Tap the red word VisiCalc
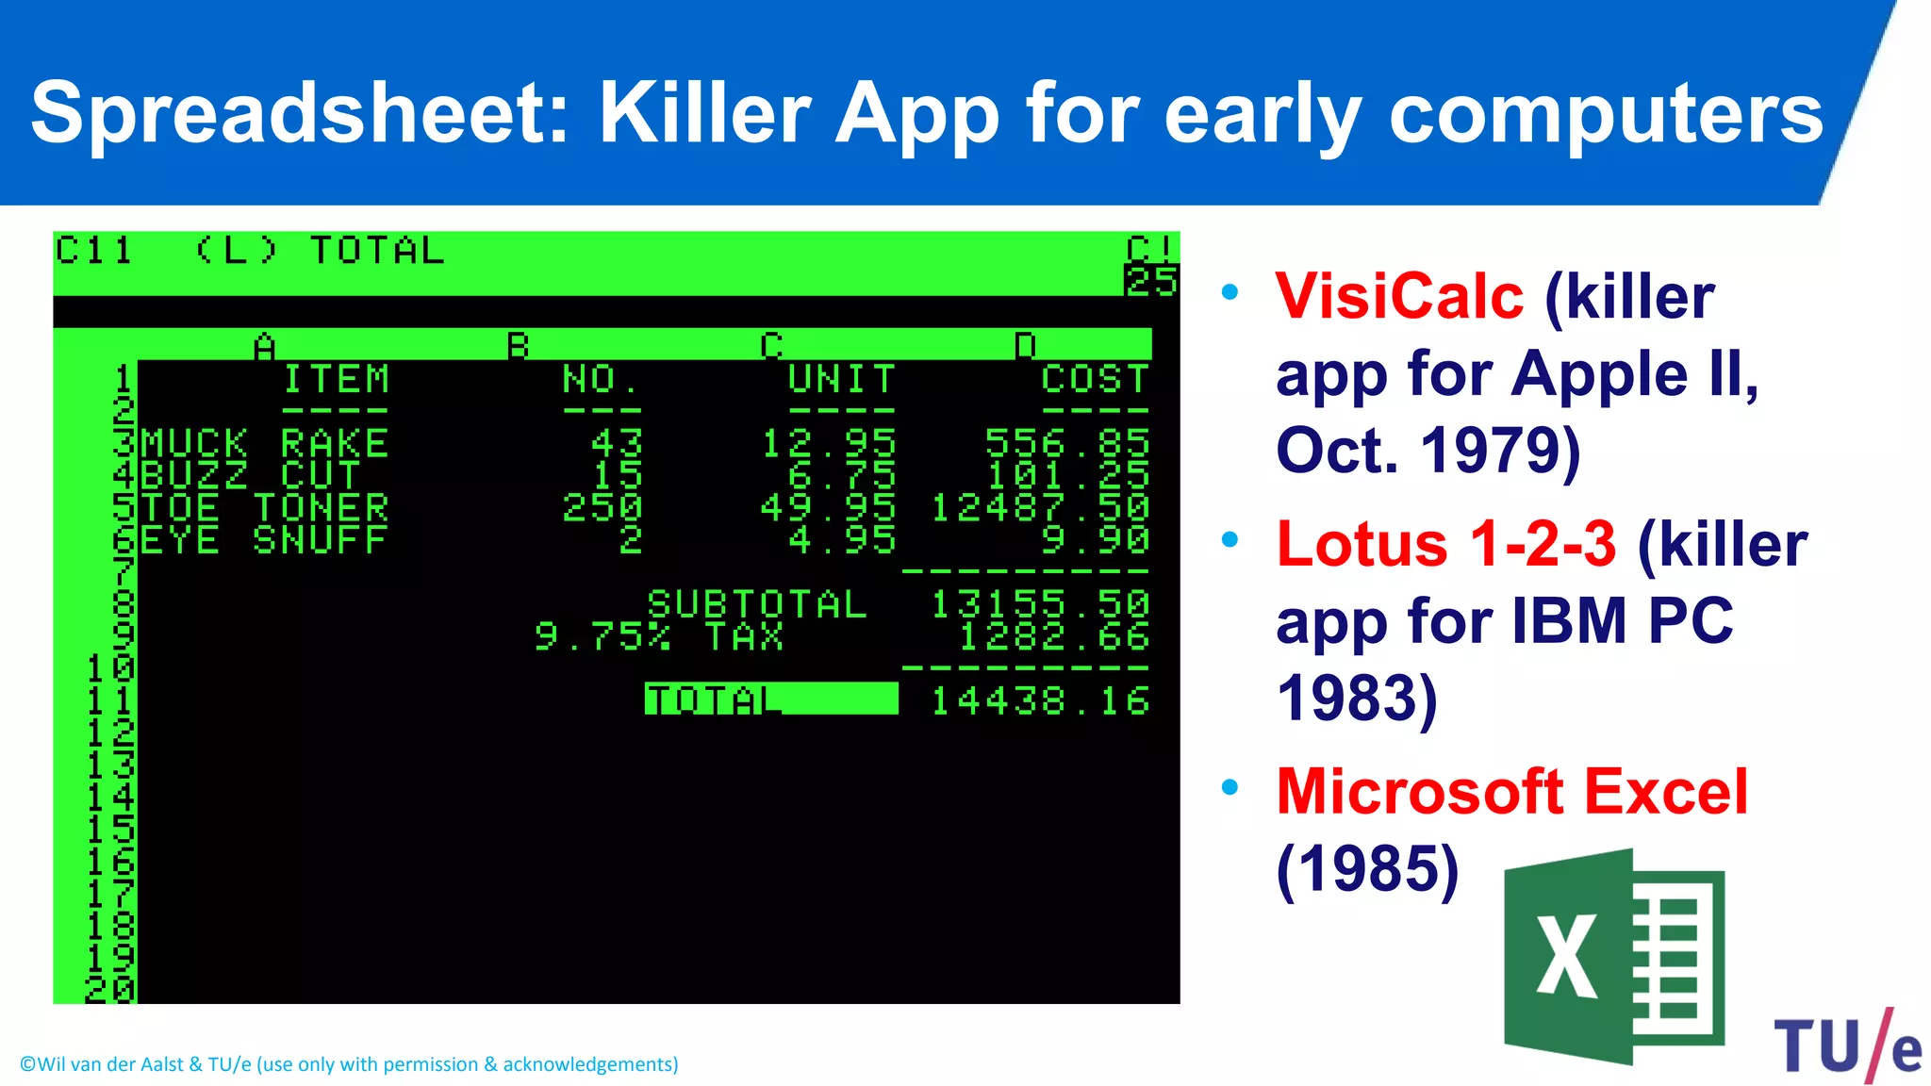pyautogui.click(x=1399, y=297)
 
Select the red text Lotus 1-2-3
pyautogui.click(x=1445, y=545)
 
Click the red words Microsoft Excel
pyautogui.click(x=1511, y=792)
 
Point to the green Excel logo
pyautogui.click(x=1613, y=957)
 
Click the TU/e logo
pyautogui.click(x=1846, y=1045)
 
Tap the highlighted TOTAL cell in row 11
pyautogui.click(x=770, y=699)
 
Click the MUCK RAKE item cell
pyautogui.click(x=265, y=443)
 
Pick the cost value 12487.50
pyautogui.click(x=1040, y=508)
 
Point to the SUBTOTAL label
pyautogui.click(x=757, y=604)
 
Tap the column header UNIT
pyautogui.click(x=841, y=379)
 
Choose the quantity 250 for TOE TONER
pyautogui.click(x=602, y=508)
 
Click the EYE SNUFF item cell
pyautogui.click(x=265, y=540)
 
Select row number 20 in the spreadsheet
pyautogui.click(x=110, y=989)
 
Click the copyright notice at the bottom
pyautogui.click(x=349, y=1064)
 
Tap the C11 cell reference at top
pyautogui.click(x=93, y=251)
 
